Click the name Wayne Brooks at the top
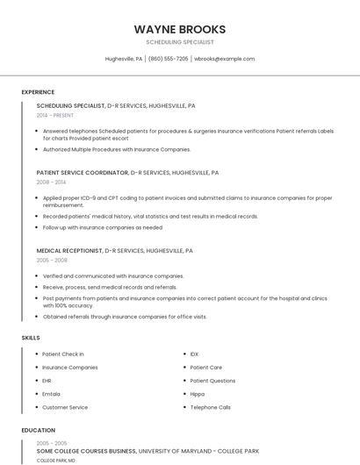[x=180, y=29]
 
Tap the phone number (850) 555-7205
[x=168, y=59]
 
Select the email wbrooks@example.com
[x=225, y=59]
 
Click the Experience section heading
[x=38, y=92]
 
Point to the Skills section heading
[x=31, y=337]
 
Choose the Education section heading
[x=38, y=431]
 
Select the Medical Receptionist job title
[x=70, y=251]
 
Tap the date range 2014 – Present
[x=56, y=115]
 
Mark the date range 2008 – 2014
[x=50, y=182]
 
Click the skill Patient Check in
[x=63, y=354]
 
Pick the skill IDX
[x=194, y=354]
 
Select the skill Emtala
[x=52, y=394]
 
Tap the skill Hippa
[x=198, y=394]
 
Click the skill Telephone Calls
[x=211, y=407]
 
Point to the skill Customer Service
[x=65, y=407]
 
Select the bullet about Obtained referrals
[x=125, y=317]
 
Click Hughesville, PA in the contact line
[x=124, y=59]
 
